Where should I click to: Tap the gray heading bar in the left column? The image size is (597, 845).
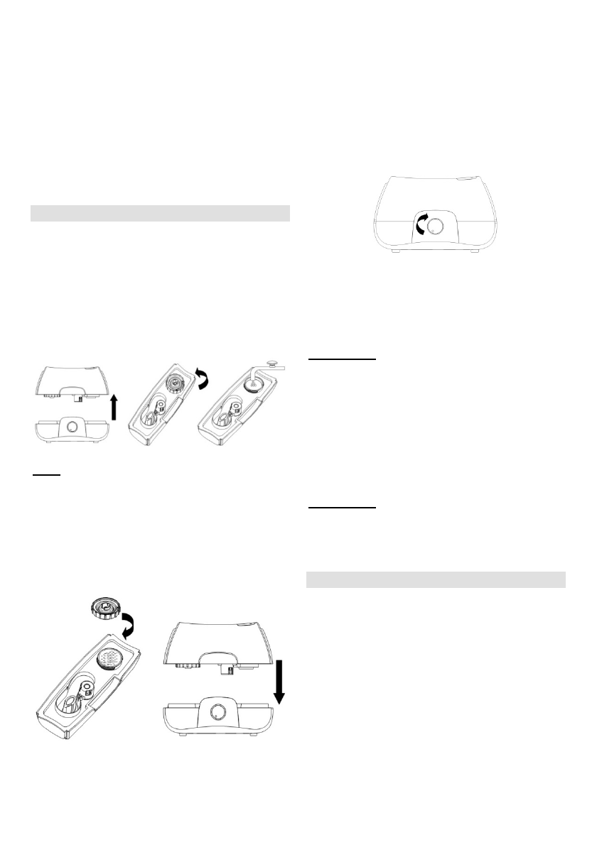[161, 213]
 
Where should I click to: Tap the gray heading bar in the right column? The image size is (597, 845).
[435, 579]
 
